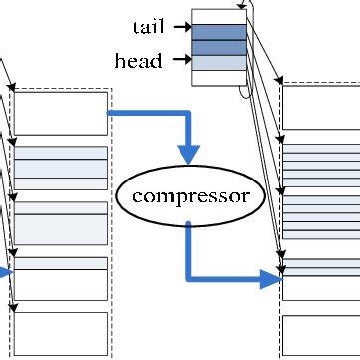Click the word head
[x=139, y=61]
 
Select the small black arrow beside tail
[x=181, y=27]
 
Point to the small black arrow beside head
[x=181, y=61]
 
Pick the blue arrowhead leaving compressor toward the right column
[x=272, y=280]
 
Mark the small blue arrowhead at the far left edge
[x=6, y=271]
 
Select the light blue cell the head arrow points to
[x=218, y=63]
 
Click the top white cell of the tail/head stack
[x=218, y=16]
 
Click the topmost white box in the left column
[x=60, y=113]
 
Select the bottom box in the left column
[x=60, y=330]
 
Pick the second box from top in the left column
[x=60, y=168]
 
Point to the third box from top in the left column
[x=60, y=223]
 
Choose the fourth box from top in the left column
[x=60, y=278]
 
